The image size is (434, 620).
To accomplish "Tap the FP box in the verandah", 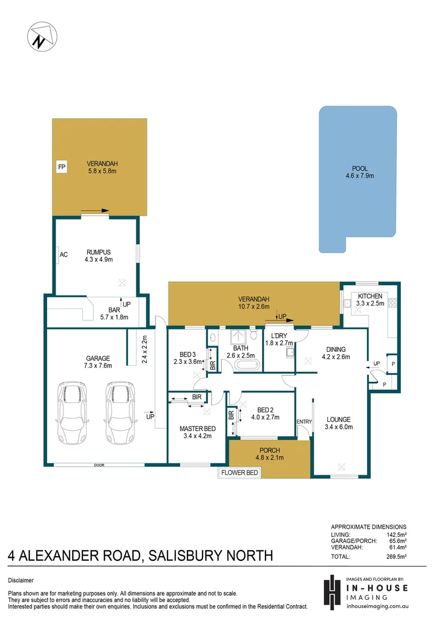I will pos(61,168).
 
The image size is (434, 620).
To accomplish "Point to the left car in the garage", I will pos(71,413).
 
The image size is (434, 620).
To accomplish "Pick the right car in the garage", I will pos(118,413).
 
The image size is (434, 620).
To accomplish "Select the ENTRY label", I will pos(304,422).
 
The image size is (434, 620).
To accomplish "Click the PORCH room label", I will pos(269,450).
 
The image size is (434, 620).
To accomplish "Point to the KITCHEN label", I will pos(370,296).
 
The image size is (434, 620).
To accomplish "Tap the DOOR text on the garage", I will pos(99,465).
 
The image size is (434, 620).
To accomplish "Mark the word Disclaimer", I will pos(21,580).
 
